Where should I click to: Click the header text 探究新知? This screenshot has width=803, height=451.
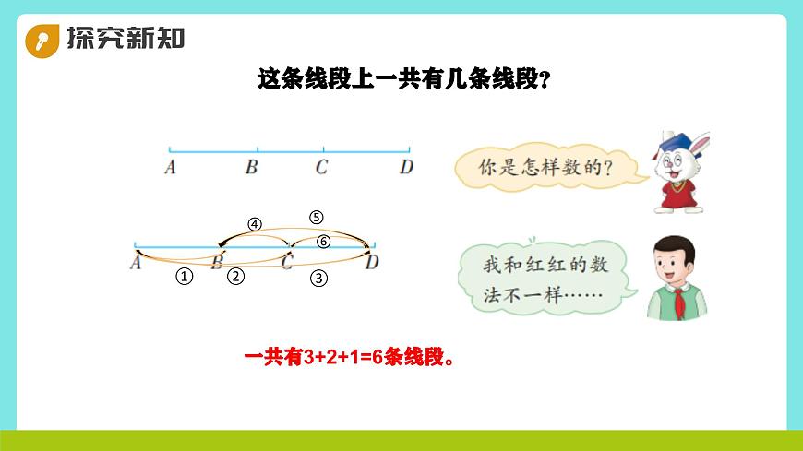click(125, 38)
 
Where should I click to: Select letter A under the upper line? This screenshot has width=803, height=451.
click(170, 168)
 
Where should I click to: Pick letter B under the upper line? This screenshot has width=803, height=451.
click(251, 168)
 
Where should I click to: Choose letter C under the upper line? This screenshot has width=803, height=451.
click(321, 168)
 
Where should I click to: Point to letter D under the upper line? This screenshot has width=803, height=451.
click(406, 168)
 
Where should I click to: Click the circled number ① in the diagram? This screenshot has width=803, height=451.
click(185, 276)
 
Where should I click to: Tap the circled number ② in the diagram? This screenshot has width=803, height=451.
click(236, 275)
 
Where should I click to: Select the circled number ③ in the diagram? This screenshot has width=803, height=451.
click(319, 276)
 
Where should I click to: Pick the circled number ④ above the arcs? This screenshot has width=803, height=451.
click(255, 224)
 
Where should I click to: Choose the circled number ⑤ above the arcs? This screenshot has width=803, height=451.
click(317, 218)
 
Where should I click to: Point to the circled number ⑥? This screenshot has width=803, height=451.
click(323, 242)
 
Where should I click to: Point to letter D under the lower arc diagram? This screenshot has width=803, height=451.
click(372, 264)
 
